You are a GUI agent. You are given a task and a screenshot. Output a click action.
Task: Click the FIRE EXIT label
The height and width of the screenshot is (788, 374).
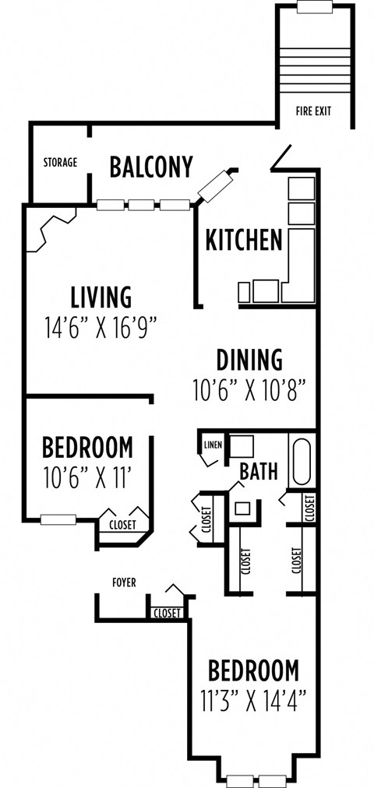click(x=313, y=111)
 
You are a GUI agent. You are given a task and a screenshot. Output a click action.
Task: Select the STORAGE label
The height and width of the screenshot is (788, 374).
click(x=60, y=163)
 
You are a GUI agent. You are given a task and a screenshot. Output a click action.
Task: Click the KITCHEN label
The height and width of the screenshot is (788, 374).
click(x=243, y=241)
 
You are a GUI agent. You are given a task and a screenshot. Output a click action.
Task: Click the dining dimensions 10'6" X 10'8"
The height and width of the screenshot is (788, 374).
click(x=249, y=389)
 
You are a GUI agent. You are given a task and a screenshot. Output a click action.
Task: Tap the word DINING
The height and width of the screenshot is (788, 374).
click(x=249, y=361)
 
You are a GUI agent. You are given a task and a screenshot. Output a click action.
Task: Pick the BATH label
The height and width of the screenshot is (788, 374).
click(x=258, y=471)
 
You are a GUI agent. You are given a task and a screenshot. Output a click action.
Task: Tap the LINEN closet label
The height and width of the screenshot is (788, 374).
click(x=213, y=445)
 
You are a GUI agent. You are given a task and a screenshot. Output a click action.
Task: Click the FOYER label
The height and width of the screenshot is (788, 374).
click(x=125, y=582)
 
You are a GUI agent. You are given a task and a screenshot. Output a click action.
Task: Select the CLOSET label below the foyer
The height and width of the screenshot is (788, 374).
click(x=168, y=614)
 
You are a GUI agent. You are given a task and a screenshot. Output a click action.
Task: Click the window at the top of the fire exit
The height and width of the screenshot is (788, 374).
click(x=316, y=8)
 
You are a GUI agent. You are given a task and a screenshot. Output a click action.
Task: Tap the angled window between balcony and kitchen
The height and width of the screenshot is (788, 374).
click(x=216, y=185)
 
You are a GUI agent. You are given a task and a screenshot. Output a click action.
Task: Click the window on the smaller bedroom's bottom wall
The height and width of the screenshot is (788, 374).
click(x=58, y=519)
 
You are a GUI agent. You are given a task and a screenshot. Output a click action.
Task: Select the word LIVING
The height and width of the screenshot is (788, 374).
click(x=101, y=297)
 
